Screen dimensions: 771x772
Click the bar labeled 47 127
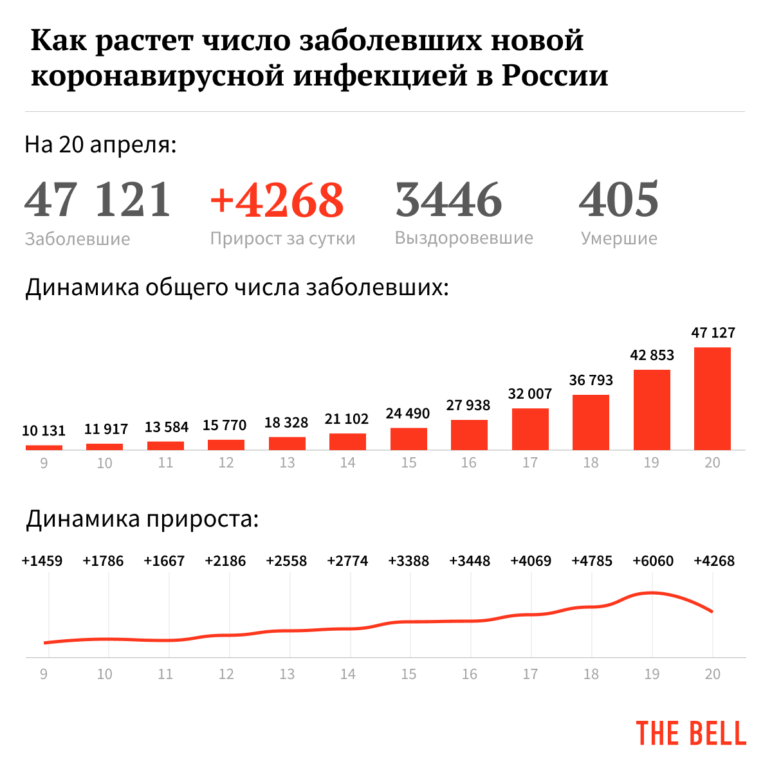coord(712,398)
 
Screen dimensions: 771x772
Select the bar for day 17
coord(530,429)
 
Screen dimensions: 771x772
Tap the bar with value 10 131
coord(44,447)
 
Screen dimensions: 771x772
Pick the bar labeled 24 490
coord(409,439)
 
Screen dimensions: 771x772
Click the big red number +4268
coord(277,199)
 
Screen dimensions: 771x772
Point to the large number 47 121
coord(98,199)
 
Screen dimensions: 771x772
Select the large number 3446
coord(448,199)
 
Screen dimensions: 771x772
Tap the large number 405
coord(619,199)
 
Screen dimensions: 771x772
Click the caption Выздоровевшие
coord(464,238)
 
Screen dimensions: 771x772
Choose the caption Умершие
coord(619,239)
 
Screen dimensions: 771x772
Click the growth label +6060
coord(653,561)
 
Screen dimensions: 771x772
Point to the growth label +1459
coord(42,561)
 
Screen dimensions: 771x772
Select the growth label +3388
coord(409,561)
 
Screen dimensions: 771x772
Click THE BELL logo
coord(691,733)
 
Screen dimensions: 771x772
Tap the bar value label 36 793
coord(591,380)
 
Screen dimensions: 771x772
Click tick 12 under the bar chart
coord(226,463)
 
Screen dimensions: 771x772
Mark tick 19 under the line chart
coord(652,674)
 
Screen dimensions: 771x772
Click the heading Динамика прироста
coord(142,519)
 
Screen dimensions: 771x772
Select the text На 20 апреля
coord(100,145)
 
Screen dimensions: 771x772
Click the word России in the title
coord(555,75)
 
